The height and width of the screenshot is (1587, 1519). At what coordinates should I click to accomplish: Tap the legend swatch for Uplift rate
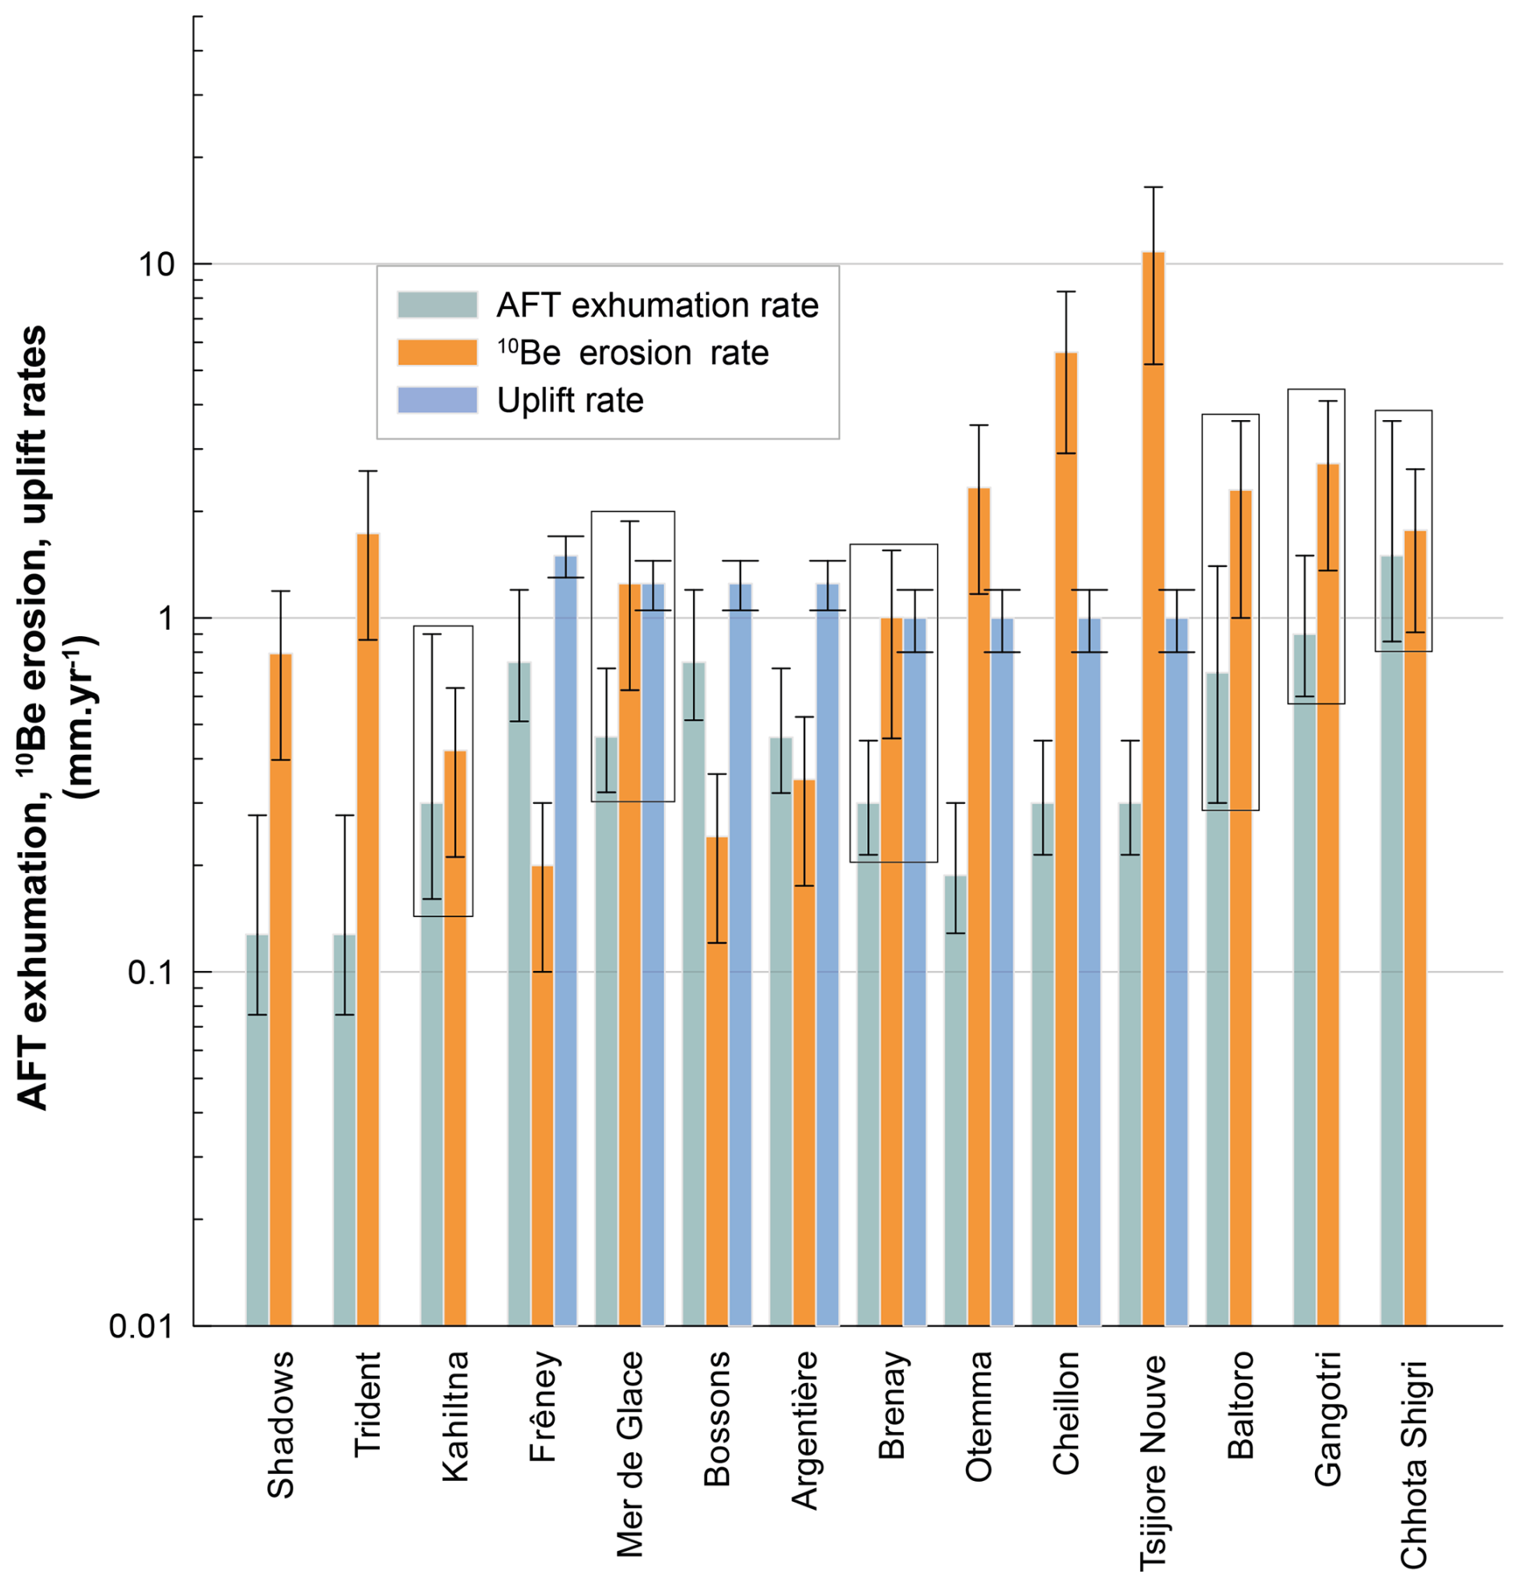coord(437,401)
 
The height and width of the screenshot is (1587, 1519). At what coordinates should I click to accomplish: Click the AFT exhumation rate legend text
coord(657,306)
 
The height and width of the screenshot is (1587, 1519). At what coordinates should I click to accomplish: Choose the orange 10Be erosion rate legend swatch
coord(437,353)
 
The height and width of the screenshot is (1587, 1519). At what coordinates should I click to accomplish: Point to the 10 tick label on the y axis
coord(157,265)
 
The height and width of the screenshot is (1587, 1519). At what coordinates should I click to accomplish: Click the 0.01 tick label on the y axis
coord(142,1326)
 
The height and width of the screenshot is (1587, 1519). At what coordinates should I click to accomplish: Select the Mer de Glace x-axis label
coord(630,1453)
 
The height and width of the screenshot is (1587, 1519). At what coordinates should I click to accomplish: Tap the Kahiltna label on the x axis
coord(455,1416)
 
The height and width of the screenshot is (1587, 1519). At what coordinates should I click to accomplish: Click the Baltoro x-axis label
coord(1240,1405)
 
